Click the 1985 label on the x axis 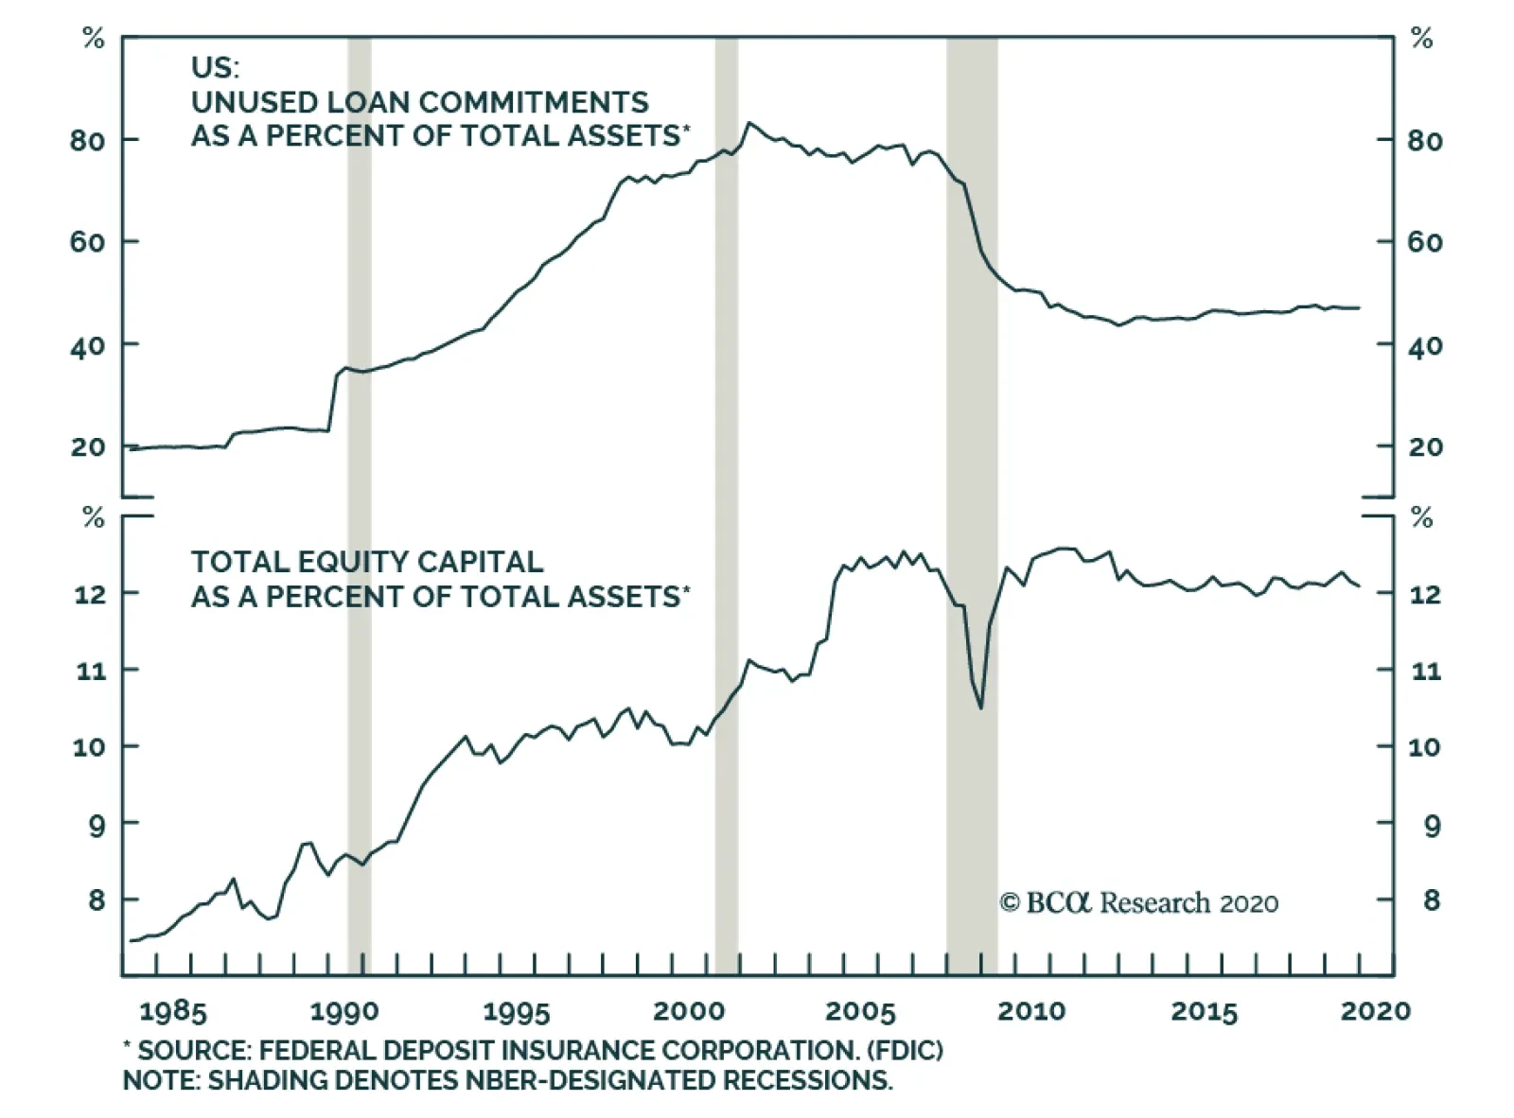pos(172,1012)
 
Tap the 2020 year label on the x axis pos(1375,1011)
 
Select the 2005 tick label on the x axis pos(859,1012)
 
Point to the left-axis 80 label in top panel pos(87,141)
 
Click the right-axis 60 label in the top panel pos(1425,242)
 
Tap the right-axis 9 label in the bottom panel pos(1432,826)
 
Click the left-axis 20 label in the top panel pos(87,447)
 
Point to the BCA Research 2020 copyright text pos(1138,903)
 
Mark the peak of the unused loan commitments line pos(749,123)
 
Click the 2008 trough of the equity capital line pos(981,707)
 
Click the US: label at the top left pos(215,67)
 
